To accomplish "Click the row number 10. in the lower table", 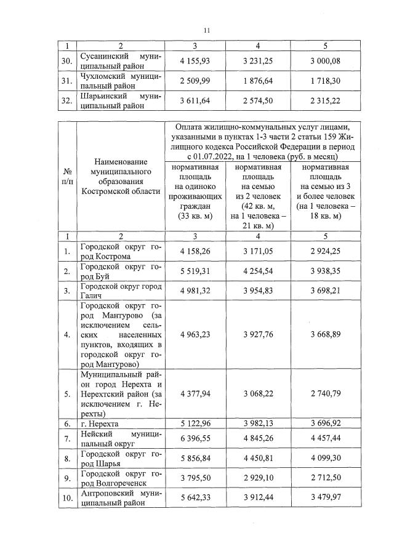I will [x=68, y=498].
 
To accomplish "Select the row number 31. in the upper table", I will [x=68, y=81].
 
